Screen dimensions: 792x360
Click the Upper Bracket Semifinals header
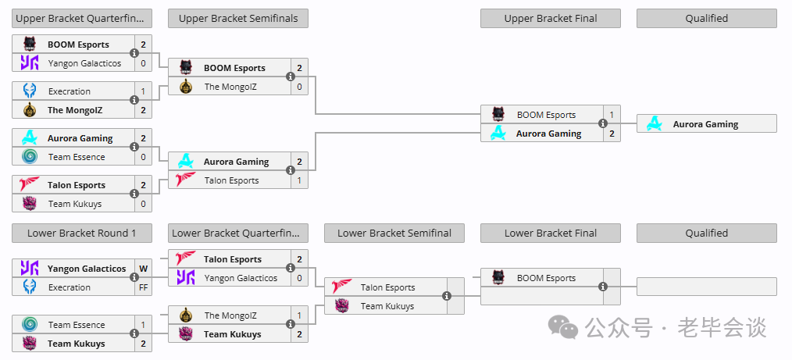[238, 19]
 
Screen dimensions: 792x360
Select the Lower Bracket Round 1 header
[82, 233]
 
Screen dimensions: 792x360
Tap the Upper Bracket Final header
[551, 19]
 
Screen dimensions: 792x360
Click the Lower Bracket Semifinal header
[394, 233]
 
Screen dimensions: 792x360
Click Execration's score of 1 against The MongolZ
[143, 91]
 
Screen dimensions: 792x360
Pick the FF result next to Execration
[143, 287]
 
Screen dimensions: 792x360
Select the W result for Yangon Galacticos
[143, 269]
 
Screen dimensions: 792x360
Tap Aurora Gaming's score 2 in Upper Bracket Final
[612, 134]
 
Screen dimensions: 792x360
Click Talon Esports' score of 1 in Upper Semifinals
[299, 180]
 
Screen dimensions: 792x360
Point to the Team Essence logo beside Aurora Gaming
[30, 157]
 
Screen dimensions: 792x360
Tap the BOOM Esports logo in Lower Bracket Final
[498, 278]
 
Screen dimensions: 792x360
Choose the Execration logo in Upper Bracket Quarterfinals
[30, 91]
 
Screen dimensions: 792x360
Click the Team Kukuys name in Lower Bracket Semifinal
[387, 306]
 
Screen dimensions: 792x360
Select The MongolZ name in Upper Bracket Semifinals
[230, 87]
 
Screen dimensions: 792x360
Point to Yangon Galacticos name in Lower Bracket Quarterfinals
[241, 278]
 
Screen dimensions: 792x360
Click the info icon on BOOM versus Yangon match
[134, 53]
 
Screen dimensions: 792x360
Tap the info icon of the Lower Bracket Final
[602, 287]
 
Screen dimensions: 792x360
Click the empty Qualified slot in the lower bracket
[707, 287]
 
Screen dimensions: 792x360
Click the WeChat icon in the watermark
[563, 327]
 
